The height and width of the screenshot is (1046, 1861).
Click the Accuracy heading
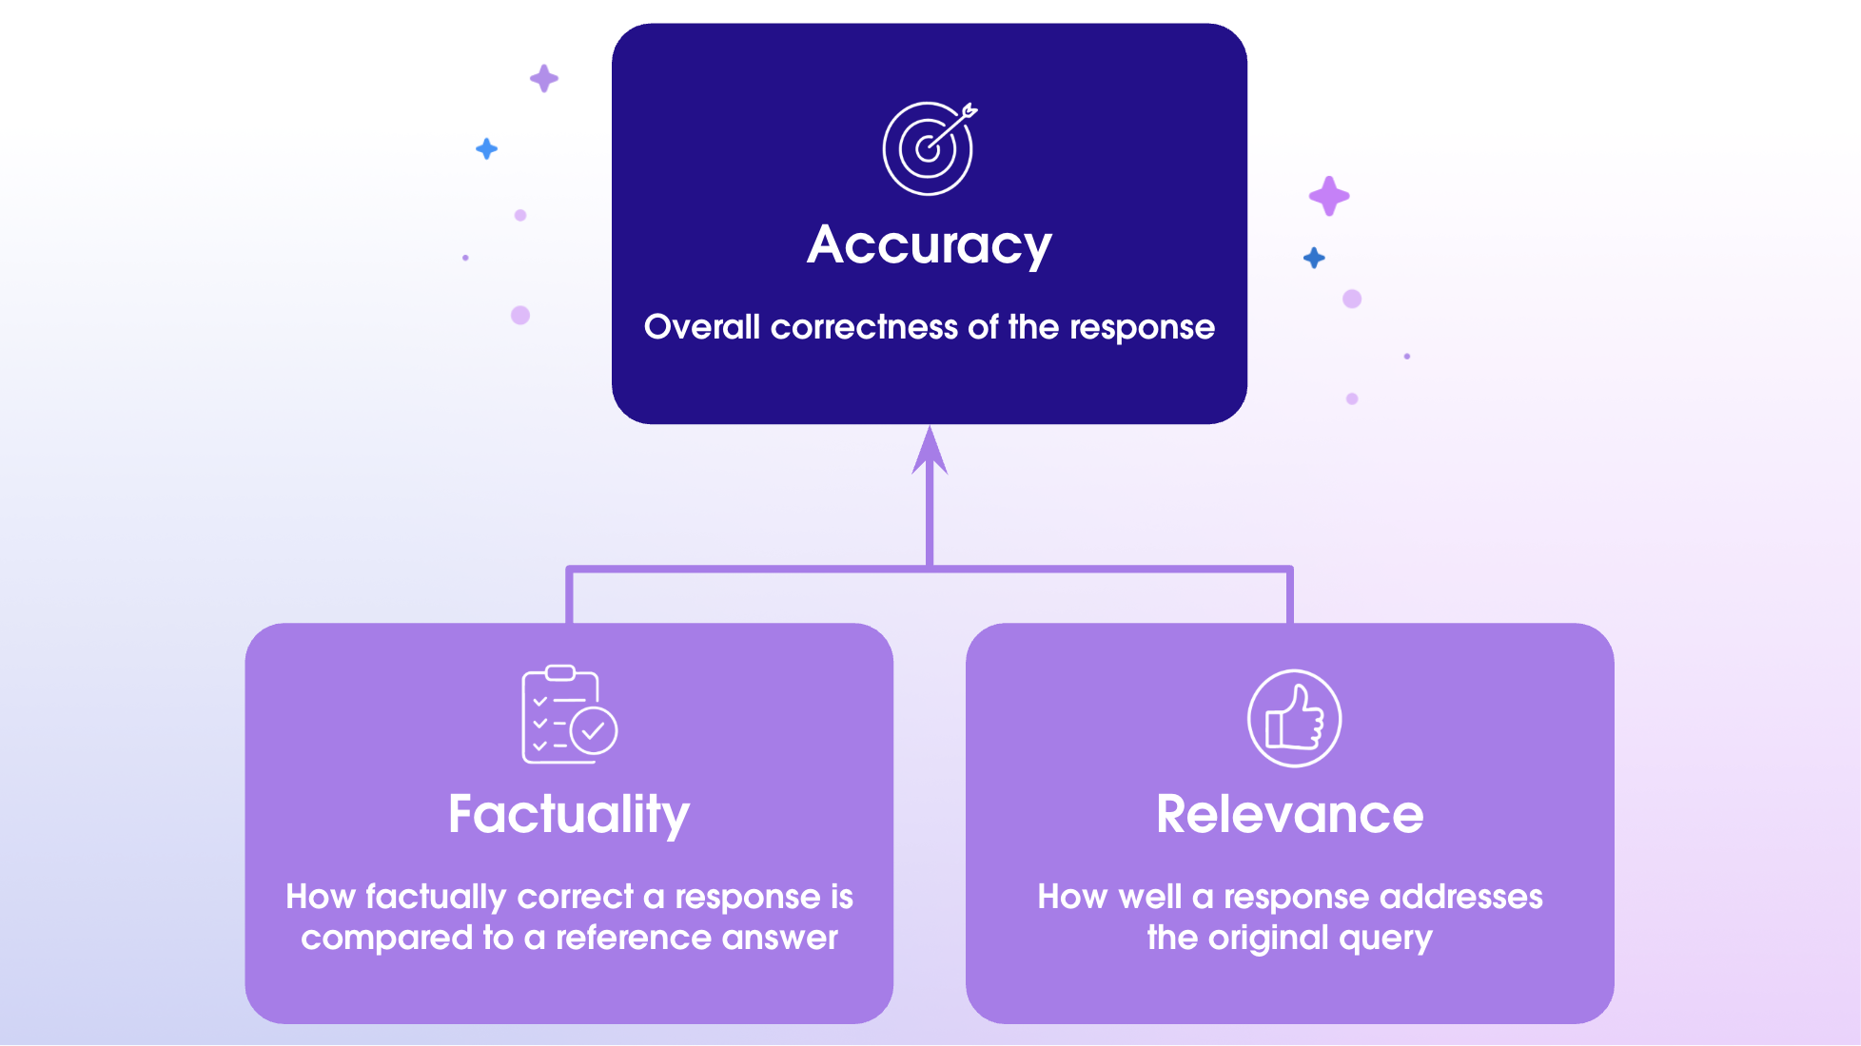click(x=929, y=245)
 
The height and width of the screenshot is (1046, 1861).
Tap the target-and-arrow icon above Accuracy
click(x=929, y=148)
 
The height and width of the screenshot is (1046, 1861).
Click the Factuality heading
click(x=569, y=815)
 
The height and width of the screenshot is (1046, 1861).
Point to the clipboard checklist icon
click(x=568, y=714)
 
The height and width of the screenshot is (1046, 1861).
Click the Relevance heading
click(x=1289, y=815)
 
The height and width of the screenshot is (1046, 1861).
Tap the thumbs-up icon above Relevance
click(x=1294, y=719)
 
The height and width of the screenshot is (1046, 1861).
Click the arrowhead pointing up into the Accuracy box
click(x=930, y=452)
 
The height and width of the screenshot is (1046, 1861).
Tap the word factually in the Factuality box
click(x=436, y=897)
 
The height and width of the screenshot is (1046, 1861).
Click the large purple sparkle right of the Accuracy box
click(x=1328, y=196)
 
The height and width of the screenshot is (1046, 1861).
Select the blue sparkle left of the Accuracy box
click(x=486, y=148)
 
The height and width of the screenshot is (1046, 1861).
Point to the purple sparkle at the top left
click(x=543, y=78)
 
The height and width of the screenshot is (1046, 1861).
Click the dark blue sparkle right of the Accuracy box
click(x=1314, y=258)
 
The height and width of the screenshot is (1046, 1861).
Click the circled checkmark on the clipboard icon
click(x=594, y=731)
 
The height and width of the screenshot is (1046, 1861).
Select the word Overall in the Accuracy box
click(x=701, y=327)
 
